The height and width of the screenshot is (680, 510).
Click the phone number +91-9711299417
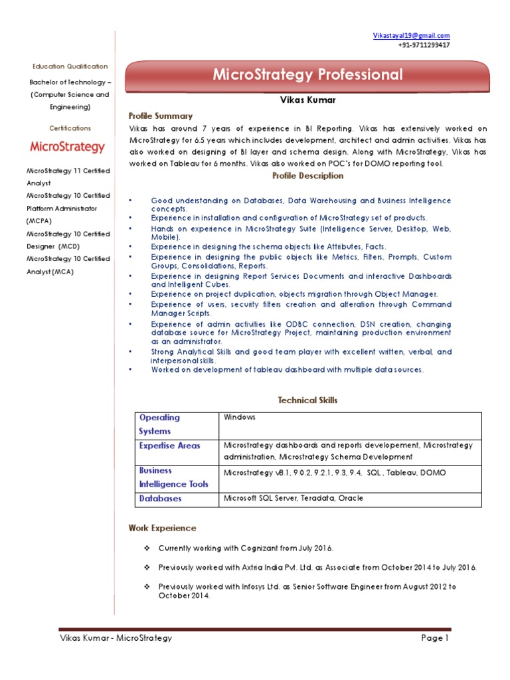[x=424, y=45]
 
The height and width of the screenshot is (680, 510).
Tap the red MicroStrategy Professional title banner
[x=307, y=75]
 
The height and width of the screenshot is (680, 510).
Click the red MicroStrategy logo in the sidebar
[x=67, y=147]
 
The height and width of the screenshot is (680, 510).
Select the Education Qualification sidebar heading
[x=70, y=66]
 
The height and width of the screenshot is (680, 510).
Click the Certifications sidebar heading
[x=70, y=128]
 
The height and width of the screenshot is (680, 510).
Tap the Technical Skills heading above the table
[x=307, y=400]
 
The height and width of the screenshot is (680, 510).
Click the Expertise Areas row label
[x=169, y=446]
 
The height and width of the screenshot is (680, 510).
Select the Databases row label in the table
[x=160, y=498]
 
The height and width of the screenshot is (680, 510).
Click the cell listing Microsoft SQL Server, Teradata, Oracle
[x=293, y=498]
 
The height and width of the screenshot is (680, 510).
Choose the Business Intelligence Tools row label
[x=173, y=477]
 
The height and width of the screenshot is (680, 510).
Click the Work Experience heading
[x=162, y=529]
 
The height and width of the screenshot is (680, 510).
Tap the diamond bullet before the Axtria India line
[x=147, y=568]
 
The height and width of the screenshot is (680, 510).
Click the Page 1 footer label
[x=435, y=638]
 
